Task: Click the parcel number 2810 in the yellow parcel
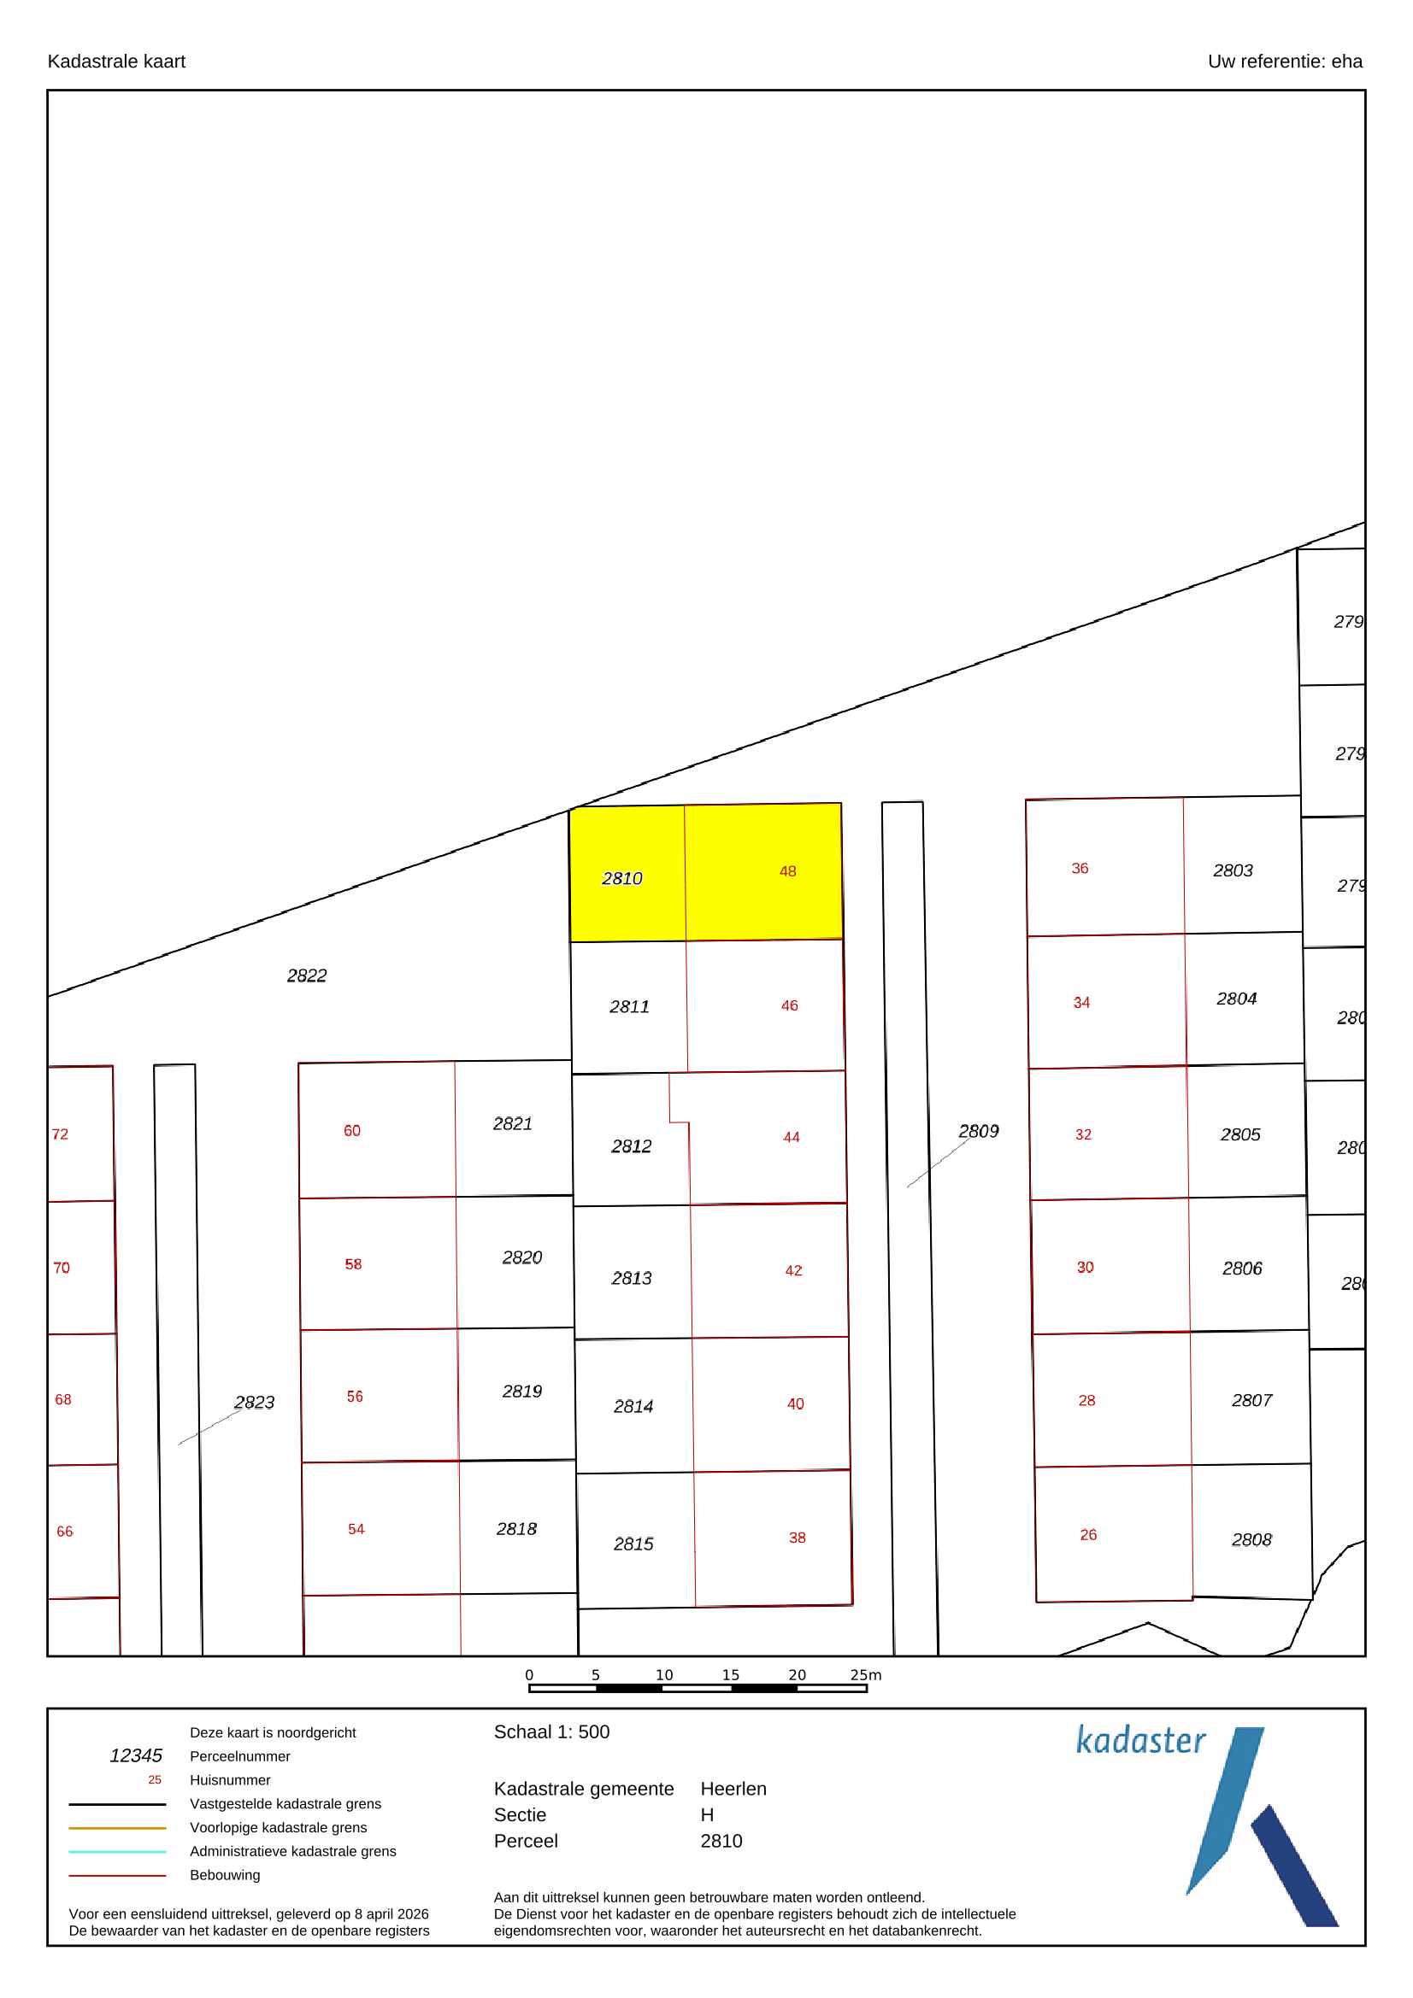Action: pyautogui.click(x=621, y=879)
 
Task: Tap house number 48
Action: pyautogui.click(x=788, y=871)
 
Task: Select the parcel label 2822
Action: pyautogui.click(x=307, y=976)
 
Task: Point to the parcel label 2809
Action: pyautogui.click(x=979, y=1131)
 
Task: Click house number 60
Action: pyautogui.click(x=351, y=1130)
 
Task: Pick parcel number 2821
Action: pyautogui.click(x=513, y=1123)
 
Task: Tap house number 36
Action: pyautogui.click(x=1080, y=869)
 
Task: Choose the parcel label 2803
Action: pyautogui.click(x=1233, y=870)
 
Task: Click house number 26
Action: pyautogui.click(x=1088, y=1535)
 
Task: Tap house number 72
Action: pyautogui.click(x=60, y=1134)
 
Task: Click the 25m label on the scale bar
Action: pyautogui.click(x=865, y=1675)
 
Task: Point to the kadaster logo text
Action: pyautogui.click(x=1140, y=1740)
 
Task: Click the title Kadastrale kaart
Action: pyautogui.click(x=116, y=61)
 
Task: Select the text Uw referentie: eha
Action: pyautogui.click(x=1285, y=61)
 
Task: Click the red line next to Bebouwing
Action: pyautogui.click(x=117, y=1875)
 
